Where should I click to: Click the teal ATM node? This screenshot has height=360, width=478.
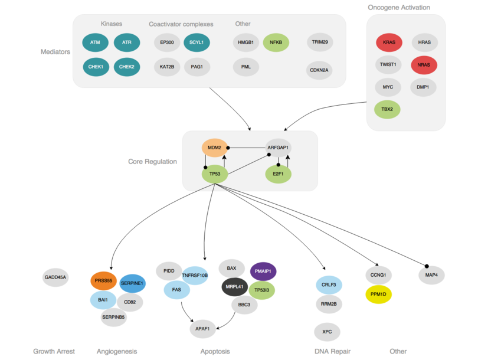[96, 42]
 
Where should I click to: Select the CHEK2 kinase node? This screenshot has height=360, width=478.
[126, 67]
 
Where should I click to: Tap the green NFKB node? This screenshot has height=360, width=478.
[276, 42]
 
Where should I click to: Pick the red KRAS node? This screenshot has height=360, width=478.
[389, 42]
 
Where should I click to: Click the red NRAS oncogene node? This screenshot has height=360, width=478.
[423, 65]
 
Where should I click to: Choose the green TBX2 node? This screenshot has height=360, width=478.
[389, 109]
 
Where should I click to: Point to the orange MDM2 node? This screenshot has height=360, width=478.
[215, 148]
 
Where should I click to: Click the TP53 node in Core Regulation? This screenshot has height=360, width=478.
[215, 174]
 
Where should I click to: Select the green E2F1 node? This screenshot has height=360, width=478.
[277, 174]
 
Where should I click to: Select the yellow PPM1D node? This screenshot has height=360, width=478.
[378, 293]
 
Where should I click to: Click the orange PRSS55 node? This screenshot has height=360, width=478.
[104, 280]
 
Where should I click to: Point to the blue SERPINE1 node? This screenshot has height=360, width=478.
[132, 283]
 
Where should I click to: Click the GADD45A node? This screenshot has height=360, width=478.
[56, 277]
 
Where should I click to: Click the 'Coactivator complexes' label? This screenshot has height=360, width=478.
[181, 24]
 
